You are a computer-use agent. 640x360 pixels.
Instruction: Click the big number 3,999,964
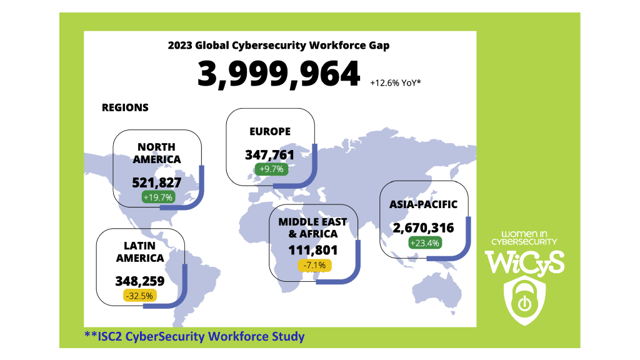279,75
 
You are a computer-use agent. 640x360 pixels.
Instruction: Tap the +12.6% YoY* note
395,82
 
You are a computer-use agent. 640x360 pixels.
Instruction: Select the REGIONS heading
125,107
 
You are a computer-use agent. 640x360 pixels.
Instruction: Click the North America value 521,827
157,182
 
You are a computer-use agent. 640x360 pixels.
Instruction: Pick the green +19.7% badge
157,197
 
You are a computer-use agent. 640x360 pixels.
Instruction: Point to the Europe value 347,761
269,155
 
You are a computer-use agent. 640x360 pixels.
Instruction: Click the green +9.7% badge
270,169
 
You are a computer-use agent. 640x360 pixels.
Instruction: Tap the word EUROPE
270,132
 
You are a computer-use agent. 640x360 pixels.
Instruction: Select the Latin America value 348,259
140,281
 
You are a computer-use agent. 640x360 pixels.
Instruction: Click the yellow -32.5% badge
140,295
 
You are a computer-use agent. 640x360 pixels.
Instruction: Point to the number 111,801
313,251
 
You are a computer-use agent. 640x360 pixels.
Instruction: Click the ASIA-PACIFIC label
424,204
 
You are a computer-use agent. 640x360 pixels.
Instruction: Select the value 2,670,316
424,229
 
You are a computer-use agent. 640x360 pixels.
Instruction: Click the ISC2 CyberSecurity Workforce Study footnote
194,337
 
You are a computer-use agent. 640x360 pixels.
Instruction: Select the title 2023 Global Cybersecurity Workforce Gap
279,46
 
